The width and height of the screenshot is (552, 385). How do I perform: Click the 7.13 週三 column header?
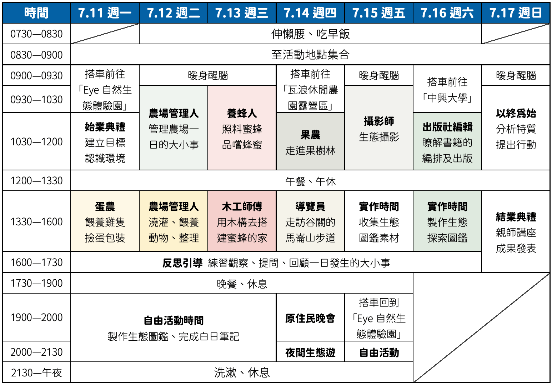coord(242,13)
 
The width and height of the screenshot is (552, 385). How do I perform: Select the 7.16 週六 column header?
coord(447,13)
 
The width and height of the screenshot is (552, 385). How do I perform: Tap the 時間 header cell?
coord(36,13)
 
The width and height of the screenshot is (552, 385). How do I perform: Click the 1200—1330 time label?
coord(36,181)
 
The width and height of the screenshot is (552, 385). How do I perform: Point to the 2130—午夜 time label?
coord(36,372)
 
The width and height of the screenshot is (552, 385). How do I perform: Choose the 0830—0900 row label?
coord(36,55)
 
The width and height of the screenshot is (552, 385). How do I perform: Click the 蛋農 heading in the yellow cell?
coord(105,206)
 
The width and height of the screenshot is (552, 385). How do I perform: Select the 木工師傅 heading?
coord(242,206)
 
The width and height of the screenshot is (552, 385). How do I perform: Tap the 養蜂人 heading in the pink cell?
coord(242,113)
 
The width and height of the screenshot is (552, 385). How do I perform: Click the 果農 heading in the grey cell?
coord(311,135)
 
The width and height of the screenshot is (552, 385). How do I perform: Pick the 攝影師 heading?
coord(379,121)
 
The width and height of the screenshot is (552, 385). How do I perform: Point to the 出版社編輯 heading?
coord(447,127)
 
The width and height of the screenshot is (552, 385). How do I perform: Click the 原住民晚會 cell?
coord(311,318)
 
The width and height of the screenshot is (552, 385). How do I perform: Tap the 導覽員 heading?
coord(311,206)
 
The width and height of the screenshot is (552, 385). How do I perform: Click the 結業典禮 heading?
coord(516,217)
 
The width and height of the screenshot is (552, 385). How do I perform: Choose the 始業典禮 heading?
coord(105,127)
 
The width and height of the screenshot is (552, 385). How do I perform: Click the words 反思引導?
coord(182,263)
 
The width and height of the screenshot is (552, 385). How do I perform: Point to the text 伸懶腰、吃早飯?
coord(311,34)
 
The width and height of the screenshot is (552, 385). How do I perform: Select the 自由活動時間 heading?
coord(174,320)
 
